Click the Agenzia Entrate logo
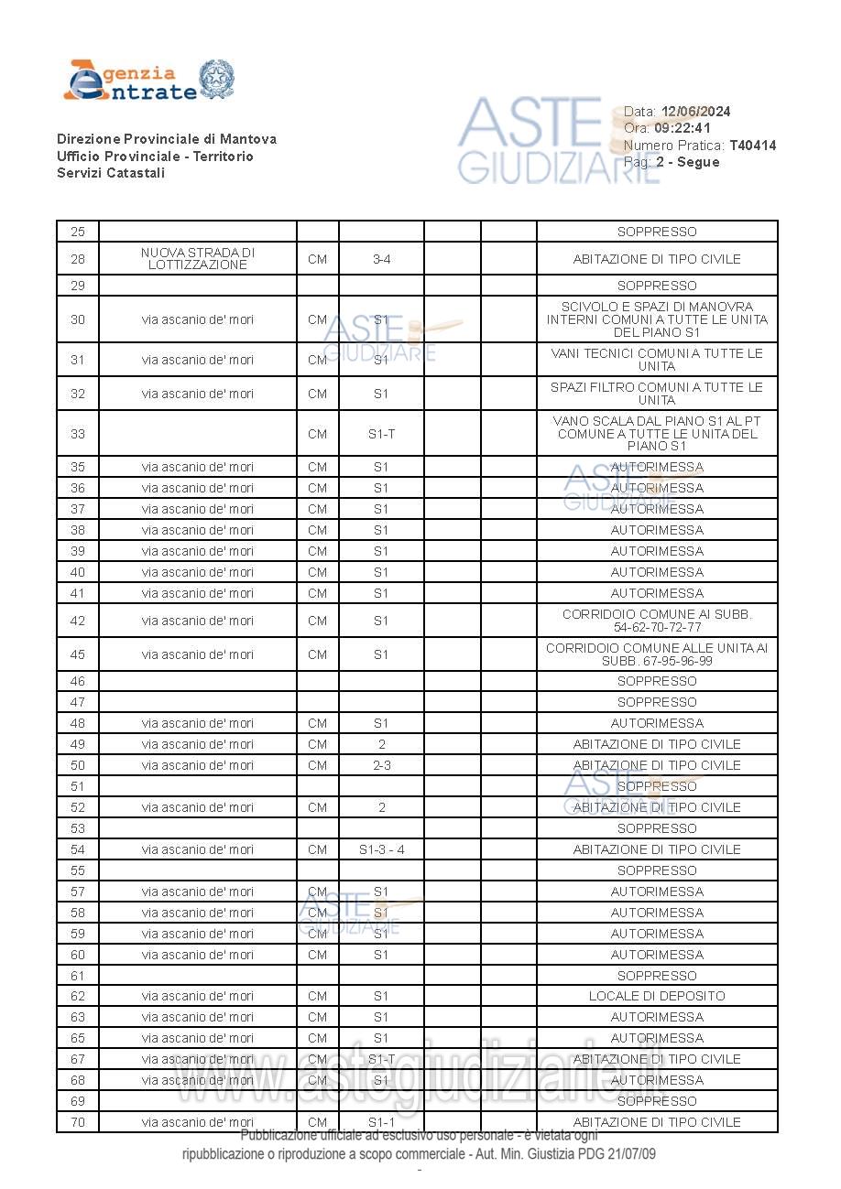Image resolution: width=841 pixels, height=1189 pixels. click(x=148, y=81)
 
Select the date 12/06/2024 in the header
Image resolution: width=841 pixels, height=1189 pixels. click(x=695, y=112)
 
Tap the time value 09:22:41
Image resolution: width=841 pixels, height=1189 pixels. click(x=682, y=128)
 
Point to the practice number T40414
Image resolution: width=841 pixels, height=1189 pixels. click(x=752, y=146)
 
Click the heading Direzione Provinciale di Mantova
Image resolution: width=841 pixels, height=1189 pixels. click(x=166, y=139)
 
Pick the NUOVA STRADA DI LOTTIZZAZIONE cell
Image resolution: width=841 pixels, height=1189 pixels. click(x=198, y=259)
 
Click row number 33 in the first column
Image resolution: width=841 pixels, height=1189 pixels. click(x=78, y=434)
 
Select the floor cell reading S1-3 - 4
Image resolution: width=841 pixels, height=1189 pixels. click(x=381, y=849)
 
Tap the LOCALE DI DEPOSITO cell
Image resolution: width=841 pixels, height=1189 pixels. click(x=657, y=996)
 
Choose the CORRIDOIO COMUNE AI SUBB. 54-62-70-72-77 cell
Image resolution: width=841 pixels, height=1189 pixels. click(x=657, y=621)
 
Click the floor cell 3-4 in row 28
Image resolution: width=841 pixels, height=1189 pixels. click(x=381, y=259)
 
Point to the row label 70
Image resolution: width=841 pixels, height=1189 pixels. click(x=78, y=1122)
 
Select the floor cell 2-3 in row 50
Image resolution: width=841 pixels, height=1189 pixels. click(x=381, y=765)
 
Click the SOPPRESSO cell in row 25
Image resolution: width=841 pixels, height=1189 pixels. click(x=657, y=232)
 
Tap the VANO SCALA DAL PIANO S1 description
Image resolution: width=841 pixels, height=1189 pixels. click(x=657, y=434)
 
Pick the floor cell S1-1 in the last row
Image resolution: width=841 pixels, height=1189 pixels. click(x=381, y=1122)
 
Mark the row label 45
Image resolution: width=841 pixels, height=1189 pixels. click(x=78, y=654)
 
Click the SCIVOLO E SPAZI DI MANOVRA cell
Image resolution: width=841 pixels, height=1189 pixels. click(x=657, y=319)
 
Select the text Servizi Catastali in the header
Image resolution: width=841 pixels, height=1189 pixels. click(x=111, y=173)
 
